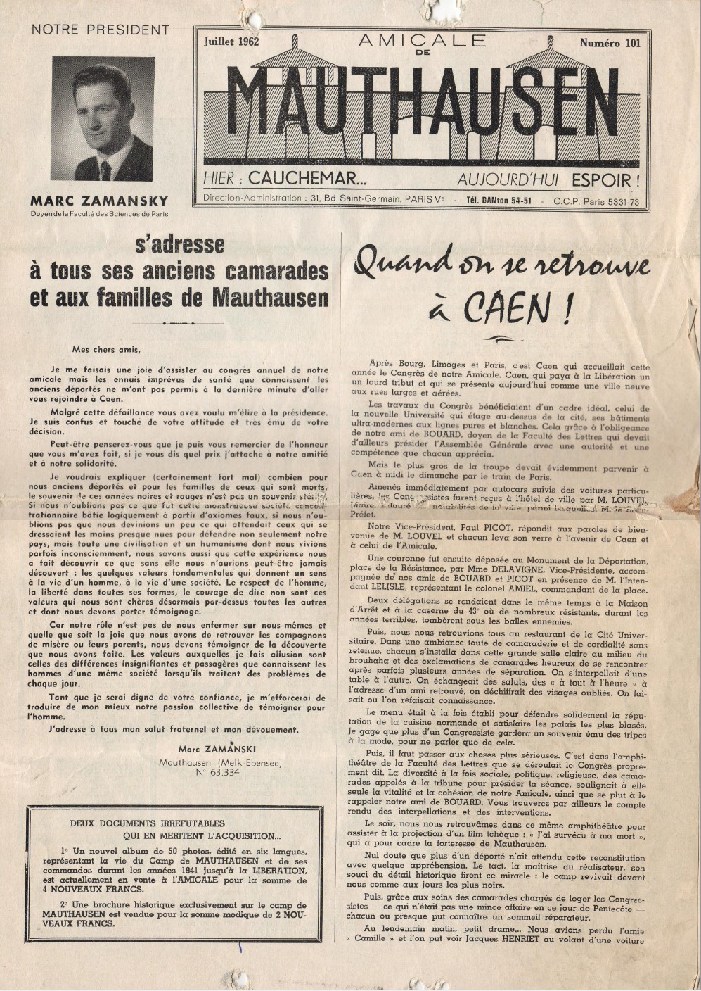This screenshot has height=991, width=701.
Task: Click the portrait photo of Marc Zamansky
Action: (x=103, y=119)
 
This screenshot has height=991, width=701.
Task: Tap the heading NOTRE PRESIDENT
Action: (x=101, y=30)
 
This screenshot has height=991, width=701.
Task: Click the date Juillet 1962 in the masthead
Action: (x=231, y=42)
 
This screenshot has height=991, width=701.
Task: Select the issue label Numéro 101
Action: (x=610, y=44)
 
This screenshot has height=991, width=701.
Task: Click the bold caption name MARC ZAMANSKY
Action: (x=99, y=203)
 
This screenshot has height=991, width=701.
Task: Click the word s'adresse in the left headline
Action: (x=180, y=244)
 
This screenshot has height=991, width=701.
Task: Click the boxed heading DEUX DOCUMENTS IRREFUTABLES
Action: (x=148, y=823)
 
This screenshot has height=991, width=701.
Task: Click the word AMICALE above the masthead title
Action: (x=422, y=41)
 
